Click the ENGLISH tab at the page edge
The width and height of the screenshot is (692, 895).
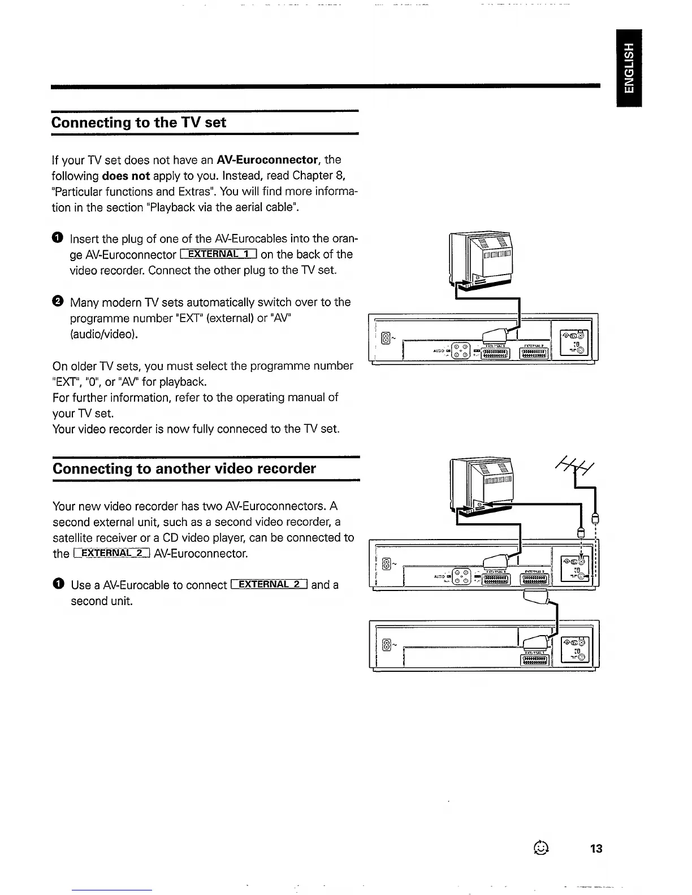coord(629,67)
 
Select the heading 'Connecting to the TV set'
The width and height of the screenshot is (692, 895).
coord(139,123)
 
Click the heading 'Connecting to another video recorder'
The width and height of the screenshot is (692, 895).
coord(184,468)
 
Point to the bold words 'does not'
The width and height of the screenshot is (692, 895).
coord(126,176)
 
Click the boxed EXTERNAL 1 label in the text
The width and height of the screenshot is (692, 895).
coord(218,254)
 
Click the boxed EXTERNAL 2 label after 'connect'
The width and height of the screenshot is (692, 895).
coord(269,584)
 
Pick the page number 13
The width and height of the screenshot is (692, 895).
coord(596,848)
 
